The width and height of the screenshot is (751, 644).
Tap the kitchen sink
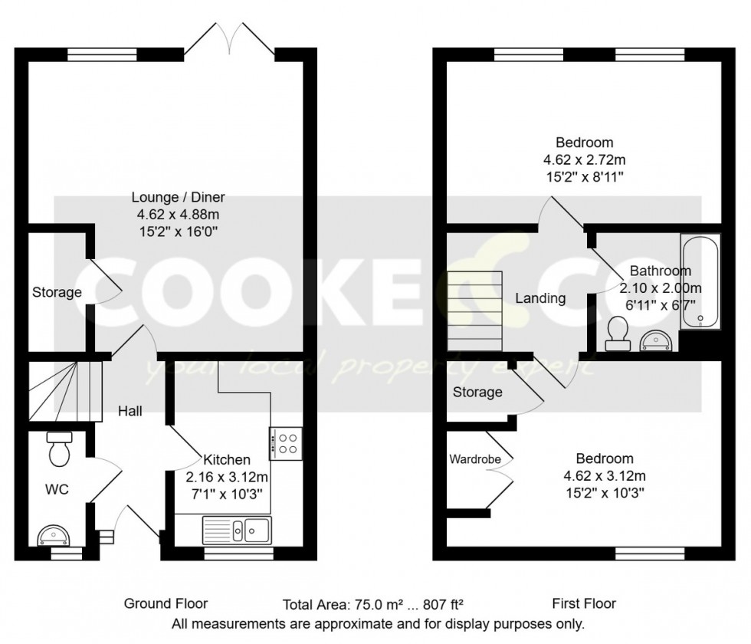[237, 529]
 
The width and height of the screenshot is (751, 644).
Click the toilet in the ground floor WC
[58, 450]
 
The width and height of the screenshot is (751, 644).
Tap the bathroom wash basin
[656, 338]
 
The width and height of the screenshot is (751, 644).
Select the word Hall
[130, 411]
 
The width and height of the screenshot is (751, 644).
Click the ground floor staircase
[65, 392]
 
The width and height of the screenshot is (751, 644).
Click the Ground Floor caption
[166, 603]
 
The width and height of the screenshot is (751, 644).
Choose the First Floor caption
[584, 603]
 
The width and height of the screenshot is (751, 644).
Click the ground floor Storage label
[57, 292]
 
